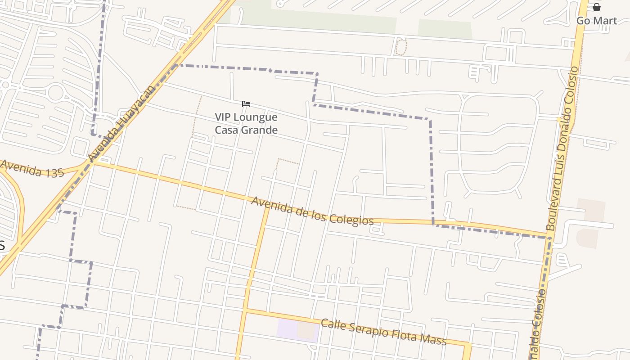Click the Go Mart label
pos(596,21)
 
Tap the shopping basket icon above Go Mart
pos(596,7)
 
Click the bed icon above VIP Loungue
pos(246,104)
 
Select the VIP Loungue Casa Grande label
pos(246,123)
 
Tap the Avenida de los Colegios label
pos(312,211)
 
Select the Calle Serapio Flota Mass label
pos(383,332)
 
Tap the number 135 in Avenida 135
pos(54,173)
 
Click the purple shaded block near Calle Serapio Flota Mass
pos(288,328)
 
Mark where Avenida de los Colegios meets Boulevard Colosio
pos(549,236)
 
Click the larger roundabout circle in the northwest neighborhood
pos(55,92)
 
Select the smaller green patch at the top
pos(445,29)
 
